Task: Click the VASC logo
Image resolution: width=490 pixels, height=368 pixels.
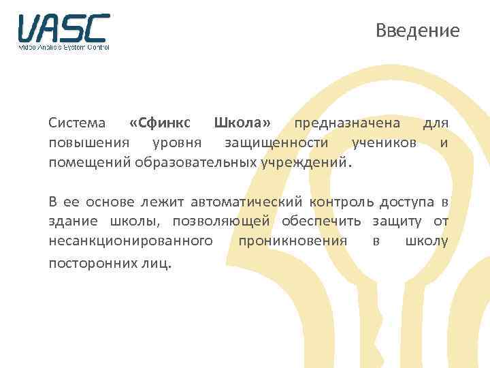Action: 64,31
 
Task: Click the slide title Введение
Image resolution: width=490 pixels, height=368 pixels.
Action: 418,31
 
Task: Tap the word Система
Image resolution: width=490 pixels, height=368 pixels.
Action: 77,123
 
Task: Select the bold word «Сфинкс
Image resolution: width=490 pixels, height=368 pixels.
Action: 160,123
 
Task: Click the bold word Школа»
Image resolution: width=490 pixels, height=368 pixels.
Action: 242,123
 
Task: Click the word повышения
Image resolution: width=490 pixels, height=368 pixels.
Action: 82,143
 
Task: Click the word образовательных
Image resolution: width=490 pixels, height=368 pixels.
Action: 197,163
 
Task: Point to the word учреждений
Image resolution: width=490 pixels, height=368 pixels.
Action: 311,163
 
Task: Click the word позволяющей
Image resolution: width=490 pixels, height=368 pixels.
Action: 222,221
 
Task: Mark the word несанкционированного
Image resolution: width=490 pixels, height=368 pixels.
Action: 130,241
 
